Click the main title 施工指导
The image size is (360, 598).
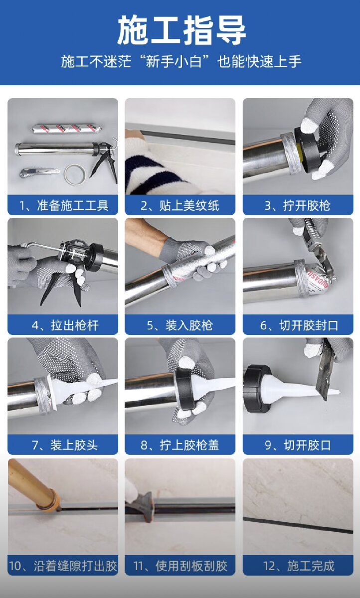click(x=181, y=30)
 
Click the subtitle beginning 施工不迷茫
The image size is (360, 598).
click(x=181, y=61)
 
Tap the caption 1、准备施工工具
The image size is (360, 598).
click(x=63, y=205)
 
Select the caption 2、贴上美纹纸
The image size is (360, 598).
click(x=180, y=205)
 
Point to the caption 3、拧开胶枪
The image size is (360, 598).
click(x=297, y=205)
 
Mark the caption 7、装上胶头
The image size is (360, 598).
click(x=65, y=446)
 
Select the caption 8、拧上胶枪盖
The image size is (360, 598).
click(x=180, y=446)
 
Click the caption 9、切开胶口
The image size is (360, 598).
click(x=298, y=446)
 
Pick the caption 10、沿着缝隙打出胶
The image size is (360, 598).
click(x=63, y=566)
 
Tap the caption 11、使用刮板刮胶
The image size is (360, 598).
click(x=180, y=566)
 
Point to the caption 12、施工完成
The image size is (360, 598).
click(x=299, y=566)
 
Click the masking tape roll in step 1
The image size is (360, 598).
click(x=75, y=174)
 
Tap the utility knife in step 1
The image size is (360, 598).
click(x=39, y=172)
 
